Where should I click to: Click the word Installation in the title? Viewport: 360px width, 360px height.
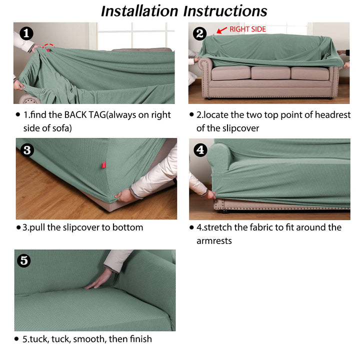pyautogui.click(x=139, y=11)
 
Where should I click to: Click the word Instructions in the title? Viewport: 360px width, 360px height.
pyautogui.click(x=225, y=11)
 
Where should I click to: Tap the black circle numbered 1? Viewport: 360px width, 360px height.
pyautogui.click(x=26, y=33)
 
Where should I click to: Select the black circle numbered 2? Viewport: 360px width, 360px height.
pyautogui.click(x=199, y=34)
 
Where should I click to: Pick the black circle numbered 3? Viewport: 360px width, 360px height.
pyautogui.click(x=27, y=150)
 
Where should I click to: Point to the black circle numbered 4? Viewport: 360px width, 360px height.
pyautogui.click(x=200, y=150)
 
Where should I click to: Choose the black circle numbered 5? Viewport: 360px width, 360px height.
pyautogui.click(x=24, y=260)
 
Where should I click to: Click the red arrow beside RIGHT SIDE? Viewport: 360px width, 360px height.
pyautogui.click(x=222, y=30)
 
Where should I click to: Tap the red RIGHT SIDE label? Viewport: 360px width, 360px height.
pyautogui.click(x=247, y=29)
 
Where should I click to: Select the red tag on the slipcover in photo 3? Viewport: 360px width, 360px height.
pyautogui.click(x=104, y=165)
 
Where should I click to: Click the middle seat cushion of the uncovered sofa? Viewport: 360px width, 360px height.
pyautogui.click(x=270, y=73)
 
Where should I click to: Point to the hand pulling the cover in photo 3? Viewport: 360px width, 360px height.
pyautogui.click(x=124, y=196)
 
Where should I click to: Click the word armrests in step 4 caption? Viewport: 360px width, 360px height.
pyautogui.click(x=214, y=241)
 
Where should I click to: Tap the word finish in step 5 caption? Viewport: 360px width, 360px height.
pyautogui.click(x=140, y=339)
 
